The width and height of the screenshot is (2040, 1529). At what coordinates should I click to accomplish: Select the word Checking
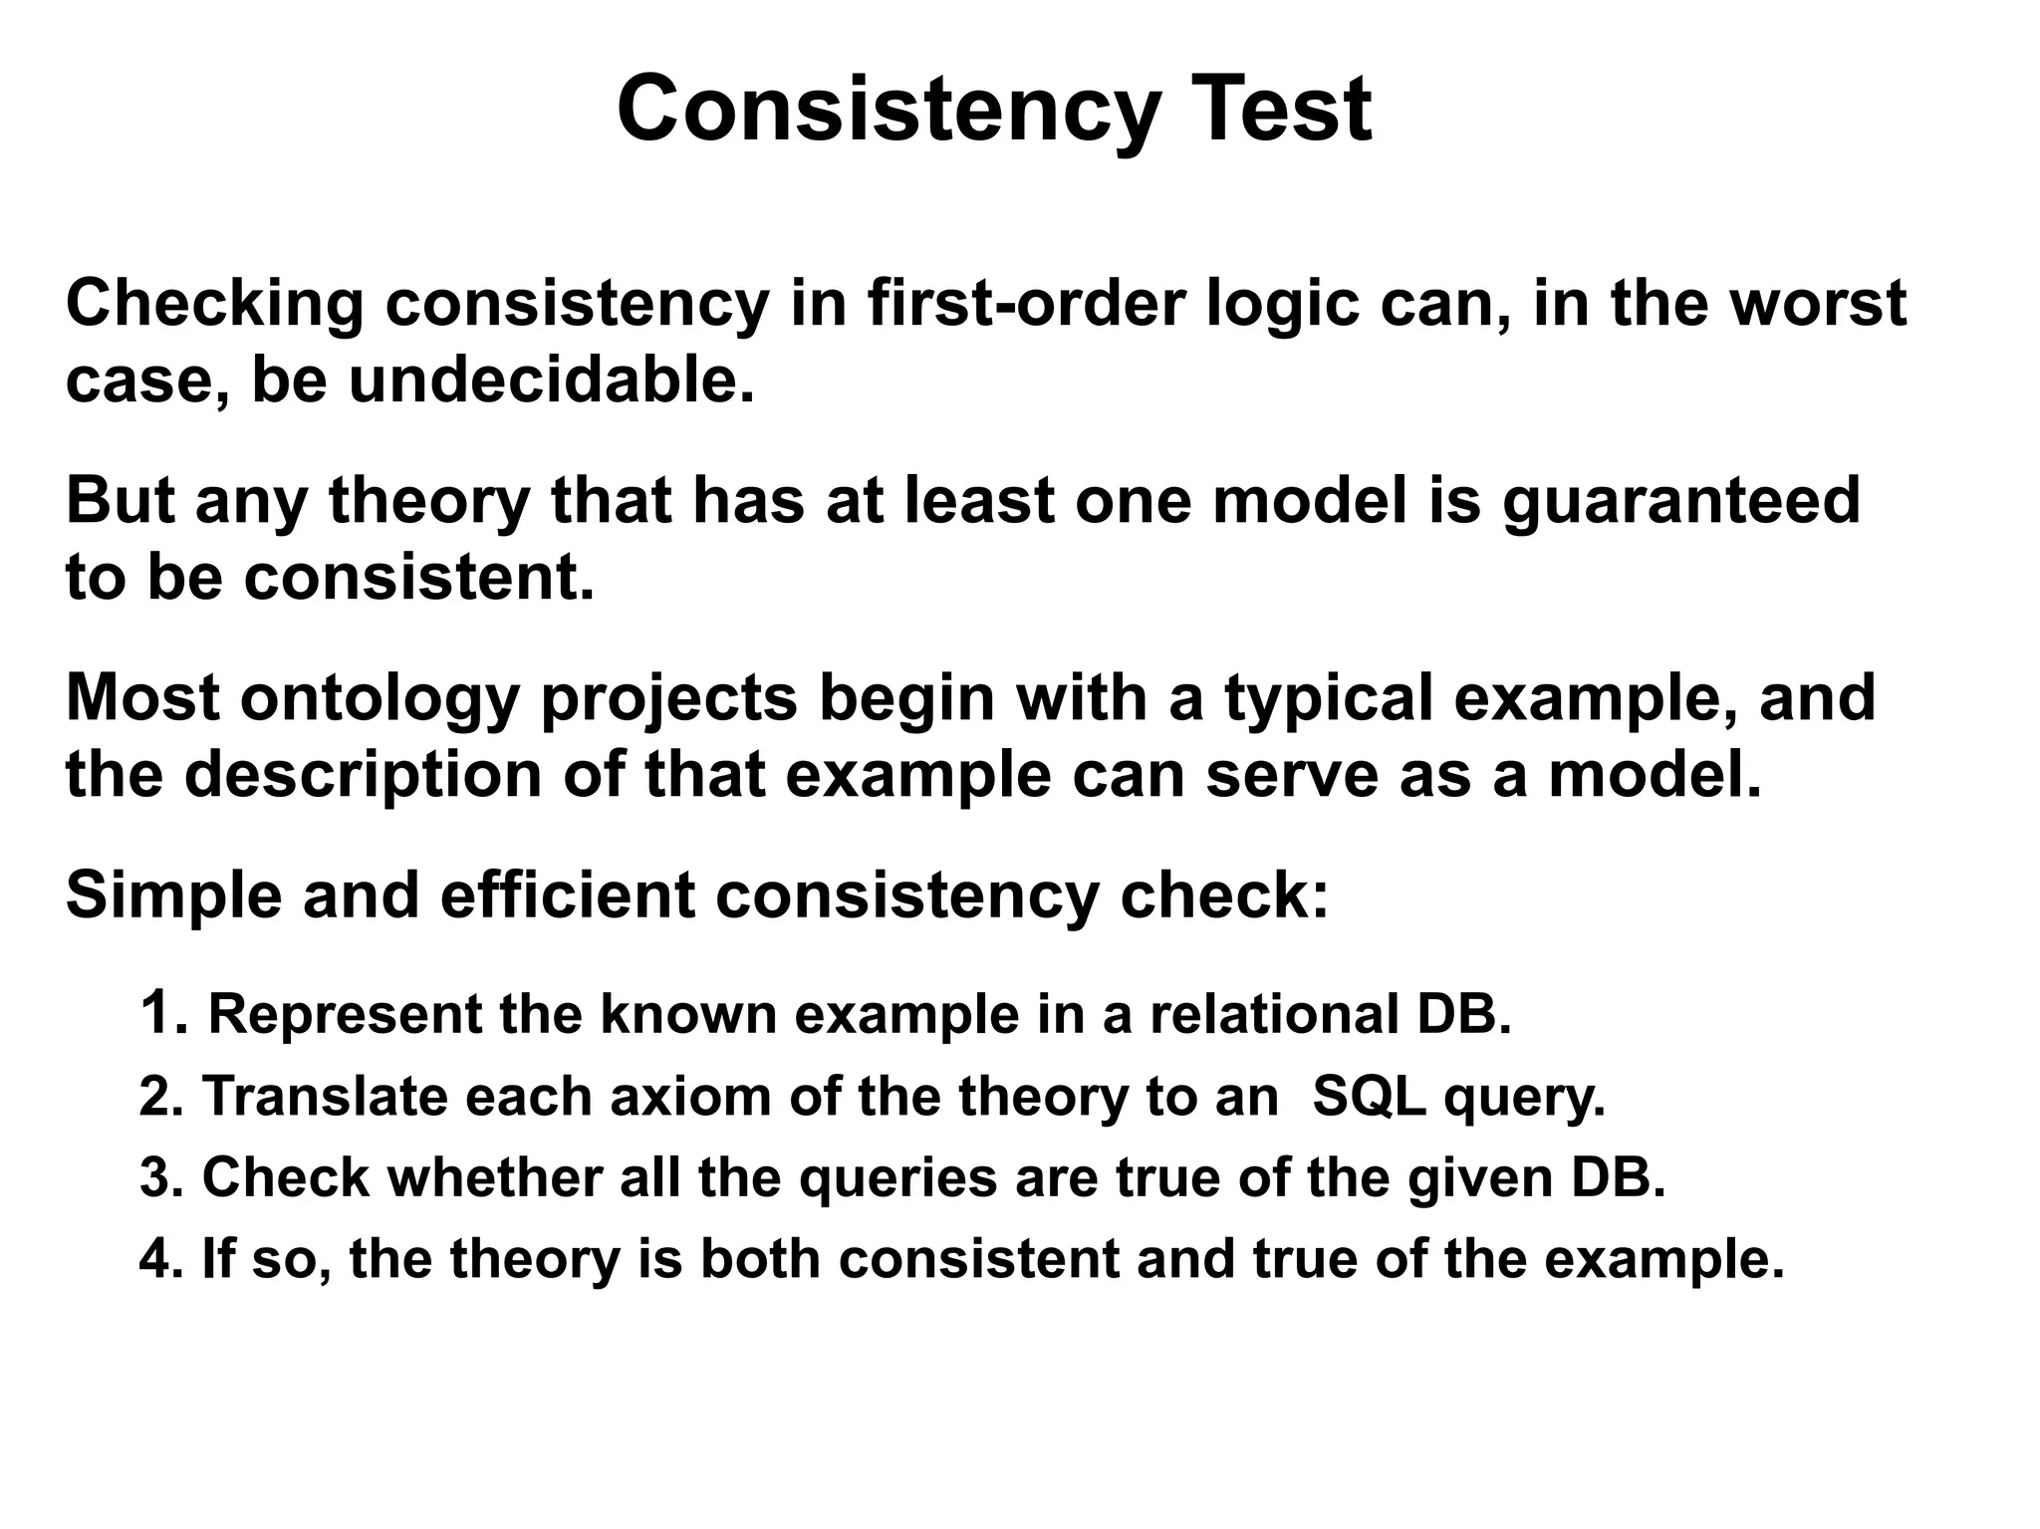tap(214, 304)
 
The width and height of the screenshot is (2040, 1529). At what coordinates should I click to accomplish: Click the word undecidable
tap(551, 381)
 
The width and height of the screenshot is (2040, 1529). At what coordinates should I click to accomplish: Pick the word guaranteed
tap(1680, 501)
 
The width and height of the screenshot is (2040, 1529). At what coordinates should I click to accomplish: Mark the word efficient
tap(567, 894)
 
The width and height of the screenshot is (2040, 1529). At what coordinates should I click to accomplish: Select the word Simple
tap(173, 894)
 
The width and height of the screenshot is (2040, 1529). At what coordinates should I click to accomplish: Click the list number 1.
tap(162, 1013)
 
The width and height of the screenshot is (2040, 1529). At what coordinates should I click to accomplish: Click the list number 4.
tap(159, 1259)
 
